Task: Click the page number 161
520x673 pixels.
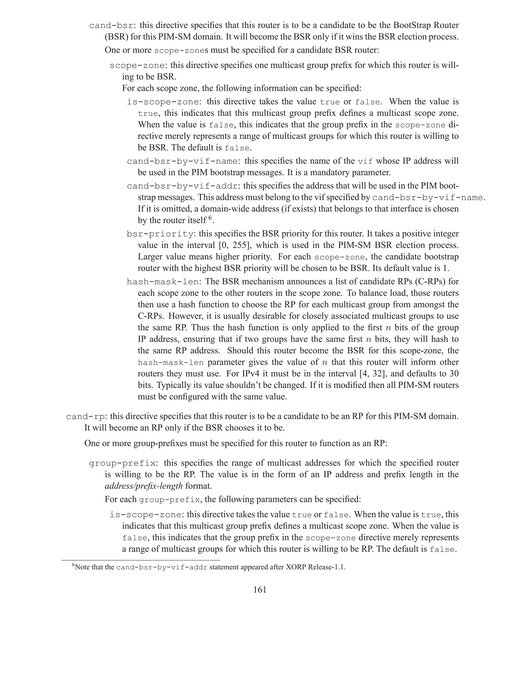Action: click(260, 590)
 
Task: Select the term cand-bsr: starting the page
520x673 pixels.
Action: click(113, 26)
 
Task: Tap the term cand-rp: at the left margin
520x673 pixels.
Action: click(87, 416)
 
